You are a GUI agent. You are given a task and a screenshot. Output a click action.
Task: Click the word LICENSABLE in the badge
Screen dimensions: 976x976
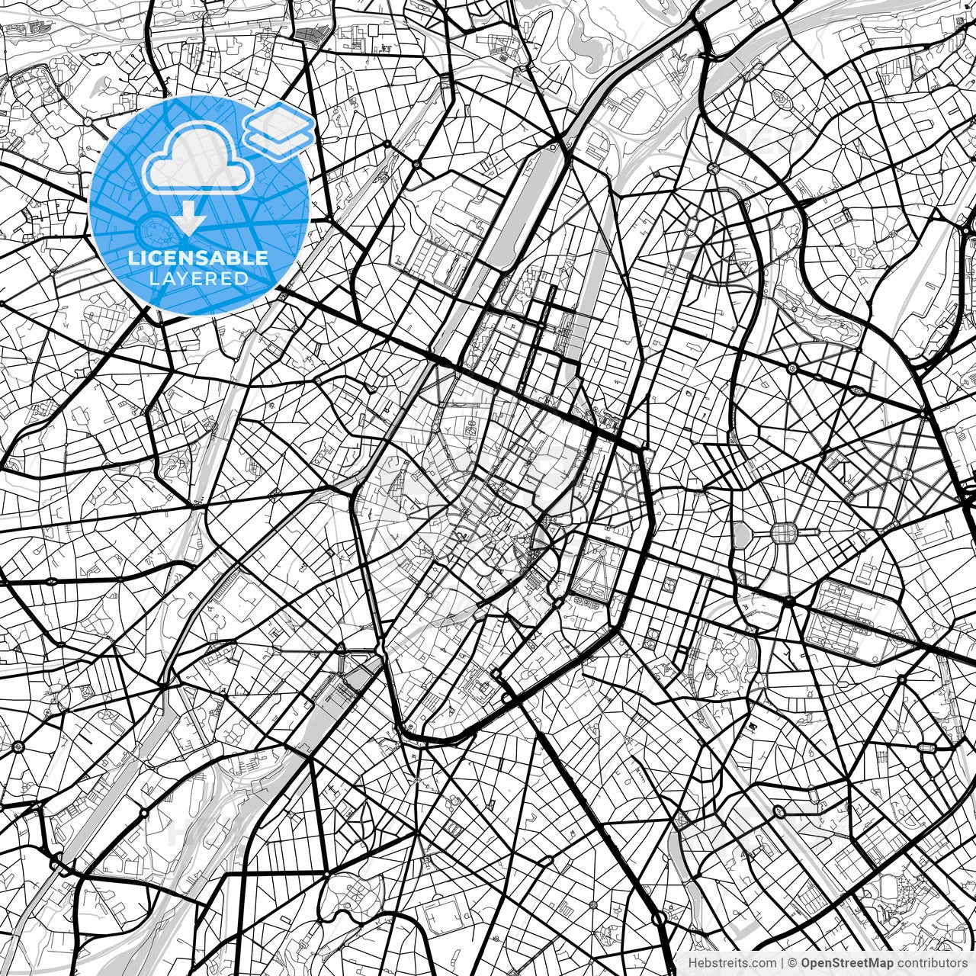[x=198, y=258]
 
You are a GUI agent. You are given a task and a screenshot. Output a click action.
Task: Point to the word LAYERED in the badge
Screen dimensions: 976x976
[x=198, y=279]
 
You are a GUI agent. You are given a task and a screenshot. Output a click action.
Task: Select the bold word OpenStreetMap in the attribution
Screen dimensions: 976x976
[x=847, y=963]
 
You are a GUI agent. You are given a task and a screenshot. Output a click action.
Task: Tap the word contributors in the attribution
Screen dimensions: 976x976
[x=930, y=963]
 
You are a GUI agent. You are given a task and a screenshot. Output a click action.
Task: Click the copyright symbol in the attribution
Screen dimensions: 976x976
[x=792, y=963]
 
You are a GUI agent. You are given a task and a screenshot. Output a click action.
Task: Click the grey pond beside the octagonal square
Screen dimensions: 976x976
[x=741, y=534]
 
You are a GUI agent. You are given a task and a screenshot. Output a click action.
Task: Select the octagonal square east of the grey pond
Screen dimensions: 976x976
[x=782, y=531]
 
